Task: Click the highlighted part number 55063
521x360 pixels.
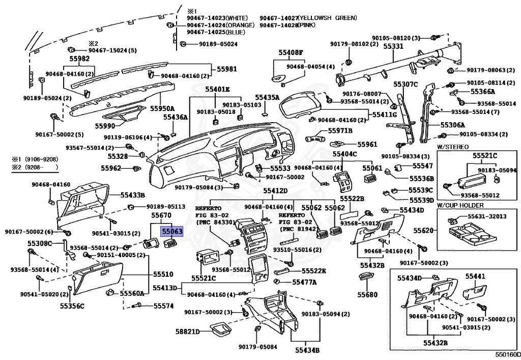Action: (x=172, y=231)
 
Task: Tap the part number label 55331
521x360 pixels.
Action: (x=393, y=46)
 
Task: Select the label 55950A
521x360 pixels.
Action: (x=162, y=108)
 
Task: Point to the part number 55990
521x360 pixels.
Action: (x=105, y=126)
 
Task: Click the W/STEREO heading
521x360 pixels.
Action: (x=452, y=147)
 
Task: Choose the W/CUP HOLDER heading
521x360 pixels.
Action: (x=460, y=205)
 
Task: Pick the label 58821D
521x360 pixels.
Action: (x=188, y=331)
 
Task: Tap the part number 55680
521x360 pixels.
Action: (x=367, y=294)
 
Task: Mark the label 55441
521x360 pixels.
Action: (x=475, y=276)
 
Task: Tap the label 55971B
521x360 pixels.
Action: (x=340, y=131)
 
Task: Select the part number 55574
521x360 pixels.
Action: (x=163, y=306)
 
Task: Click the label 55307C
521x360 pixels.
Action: (x=406, y=84)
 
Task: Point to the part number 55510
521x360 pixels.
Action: (x=163, y=274)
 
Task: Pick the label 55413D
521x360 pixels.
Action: (x=165, y=287)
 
